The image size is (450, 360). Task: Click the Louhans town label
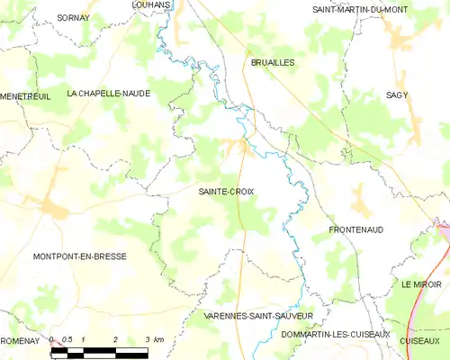pos(151,4)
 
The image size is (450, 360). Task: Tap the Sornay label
pos(73,17)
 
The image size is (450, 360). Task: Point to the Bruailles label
pos(273,62)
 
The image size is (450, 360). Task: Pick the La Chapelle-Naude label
pos(108,94)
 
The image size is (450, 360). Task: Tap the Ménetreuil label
pos(24,94)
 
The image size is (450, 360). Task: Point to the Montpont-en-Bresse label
pos(79,256)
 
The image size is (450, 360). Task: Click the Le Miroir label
pos(422,284)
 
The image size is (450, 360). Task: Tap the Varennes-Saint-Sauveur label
pos(257,317)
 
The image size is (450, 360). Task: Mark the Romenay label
pos(20,341)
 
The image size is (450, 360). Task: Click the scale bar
pos(99,353)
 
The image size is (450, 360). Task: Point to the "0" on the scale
pos(51,339)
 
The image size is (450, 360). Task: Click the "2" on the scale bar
pos(115,339)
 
